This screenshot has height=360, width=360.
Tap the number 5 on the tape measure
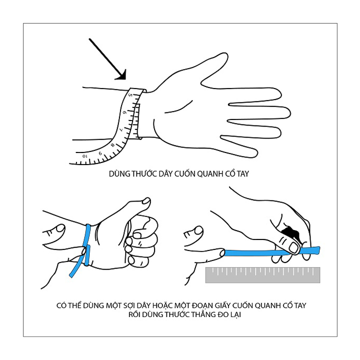[130, 94]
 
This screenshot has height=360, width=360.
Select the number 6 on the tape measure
[124, 112]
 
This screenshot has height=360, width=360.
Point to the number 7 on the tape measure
[121, 129]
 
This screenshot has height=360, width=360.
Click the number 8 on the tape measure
[112, 145]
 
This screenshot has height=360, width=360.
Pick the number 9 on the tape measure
[100, 153]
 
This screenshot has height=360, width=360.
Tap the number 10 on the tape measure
[85, 156]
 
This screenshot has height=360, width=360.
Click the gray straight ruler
[262, 275]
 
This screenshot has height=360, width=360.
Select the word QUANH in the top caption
[210, 174]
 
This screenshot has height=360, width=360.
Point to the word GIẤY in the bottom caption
[223, 305]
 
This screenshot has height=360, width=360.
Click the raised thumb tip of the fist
[146, 201]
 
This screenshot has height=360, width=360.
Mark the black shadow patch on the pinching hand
[290, 232]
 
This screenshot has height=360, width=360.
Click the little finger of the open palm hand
[239, 146]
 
